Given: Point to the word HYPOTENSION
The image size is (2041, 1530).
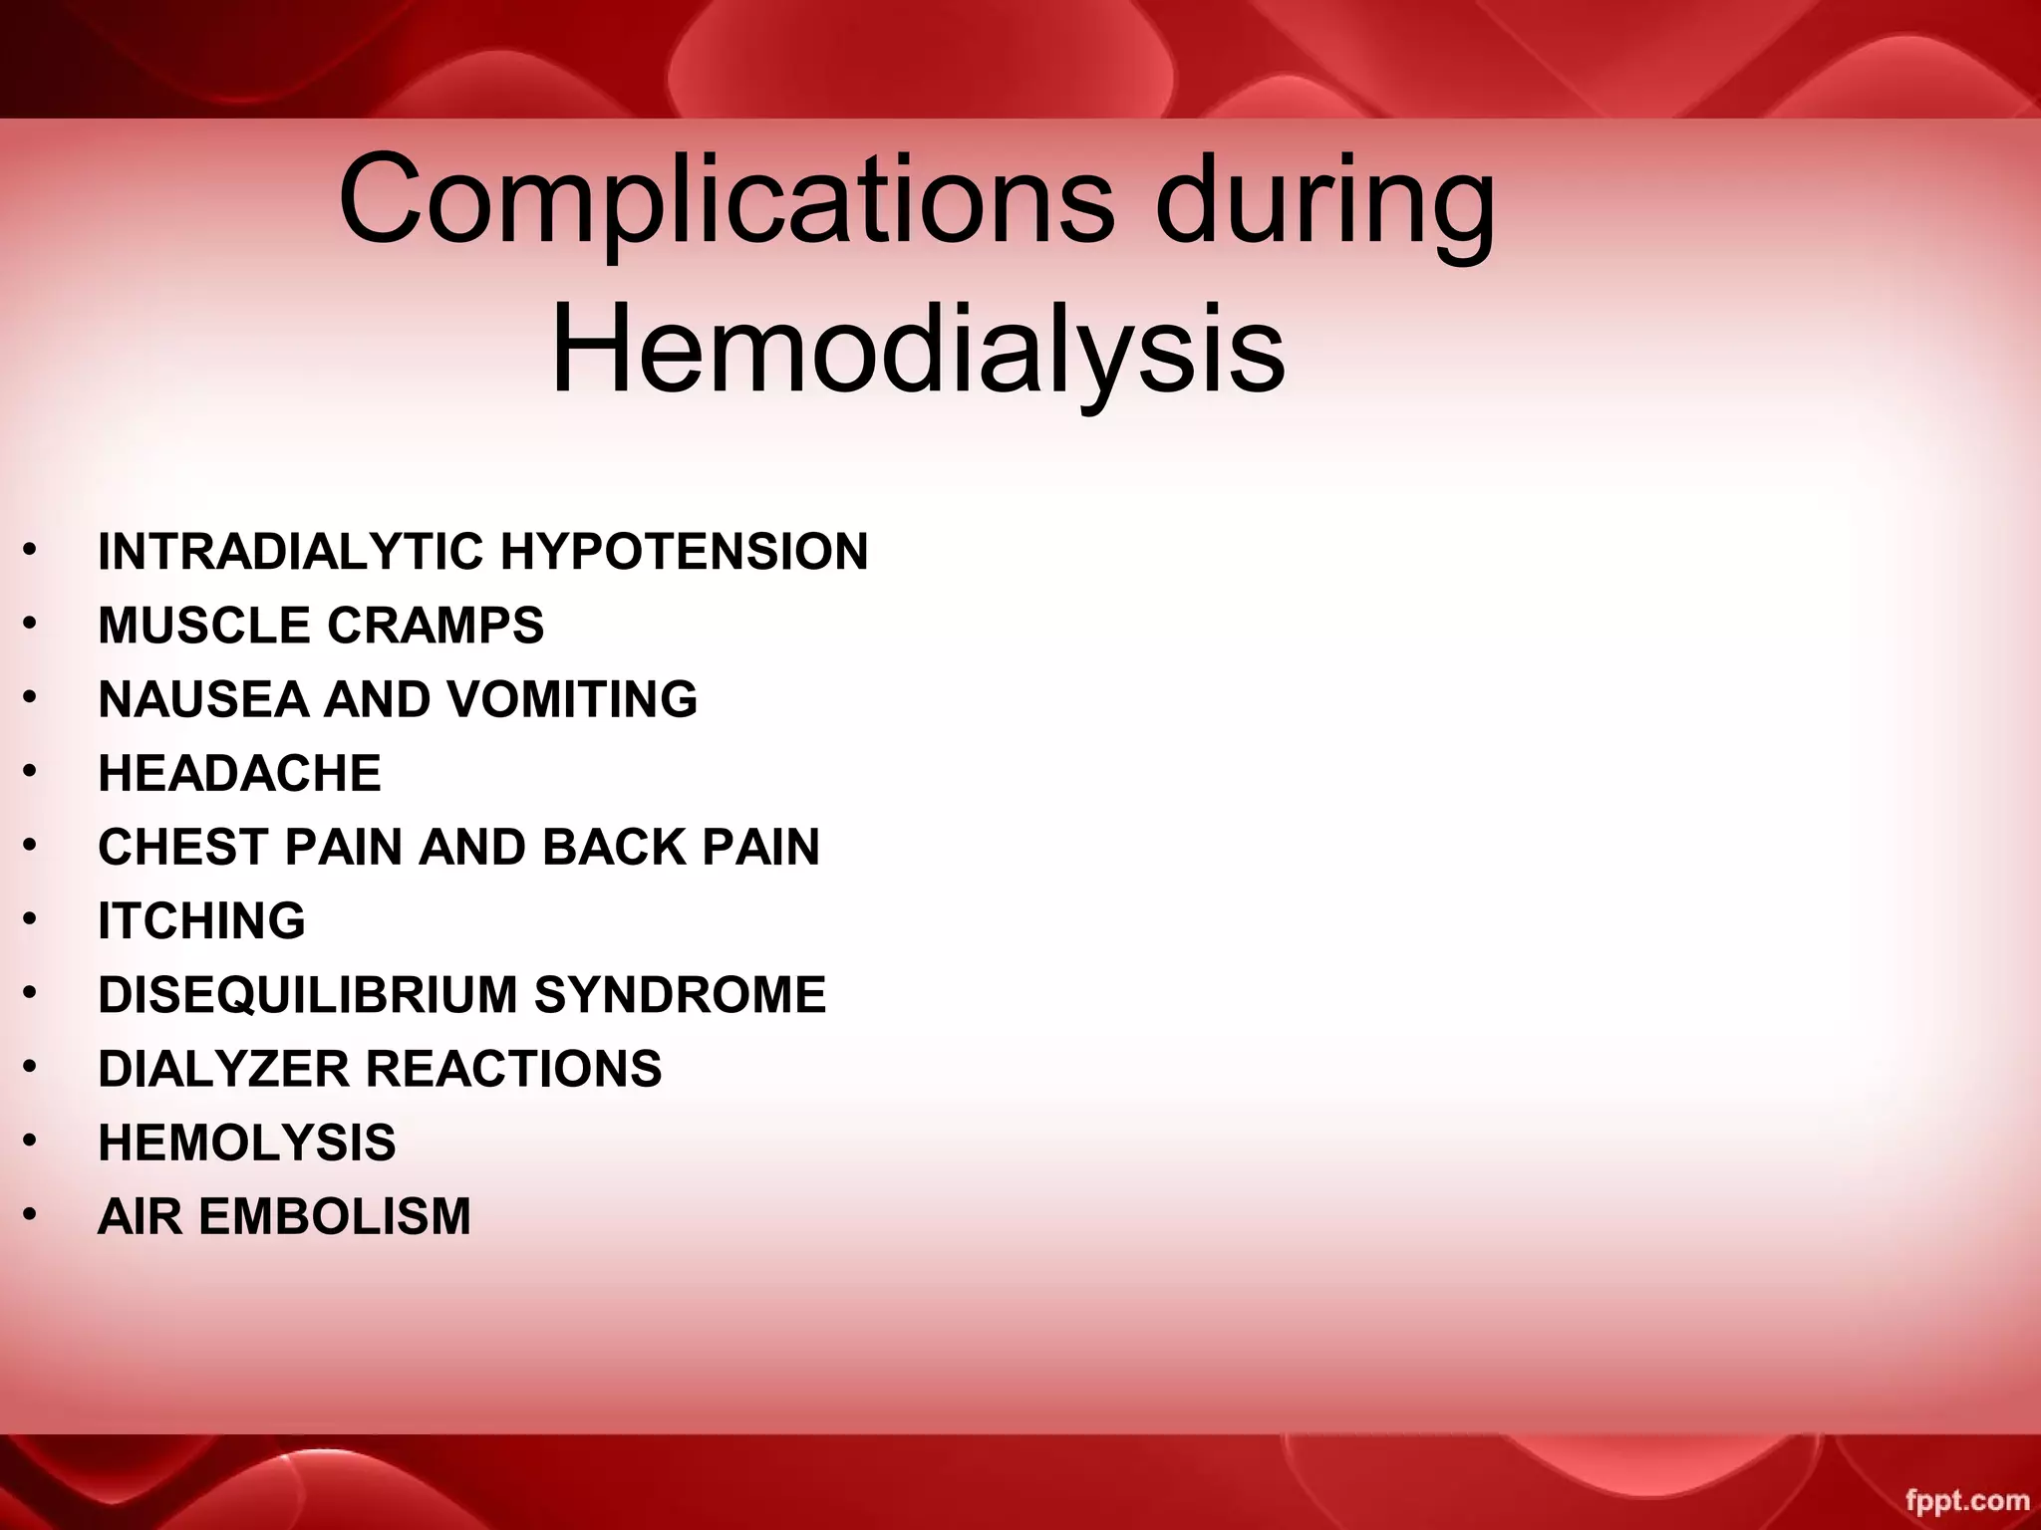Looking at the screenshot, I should point(684,552).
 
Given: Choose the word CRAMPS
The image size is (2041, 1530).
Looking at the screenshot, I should point(436,626).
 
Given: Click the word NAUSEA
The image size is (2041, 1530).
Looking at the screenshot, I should point(203,699).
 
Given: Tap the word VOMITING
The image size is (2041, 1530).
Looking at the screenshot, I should point(572,699).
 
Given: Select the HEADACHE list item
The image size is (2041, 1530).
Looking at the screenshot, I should point(239,773).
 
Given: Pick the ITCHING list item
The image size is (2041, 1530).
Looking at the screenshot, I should point(201,920).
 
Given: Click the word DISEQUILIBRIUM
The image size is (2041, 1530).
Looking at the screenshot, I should point(308,994).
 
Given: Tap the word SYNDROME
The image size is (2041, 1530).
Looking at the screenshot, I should point(680,994).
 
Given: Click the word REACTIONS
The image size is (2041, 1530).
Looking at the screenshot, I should point(513,1068).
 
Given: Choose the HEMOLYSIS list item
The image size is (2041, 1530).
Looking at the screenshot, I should point(246,1142).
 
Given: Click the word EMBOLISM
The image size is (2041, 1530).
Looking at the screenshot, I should point(335,1216).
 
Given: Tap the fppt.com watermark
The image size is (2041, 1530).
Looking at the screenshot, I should point(1967,1500).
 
